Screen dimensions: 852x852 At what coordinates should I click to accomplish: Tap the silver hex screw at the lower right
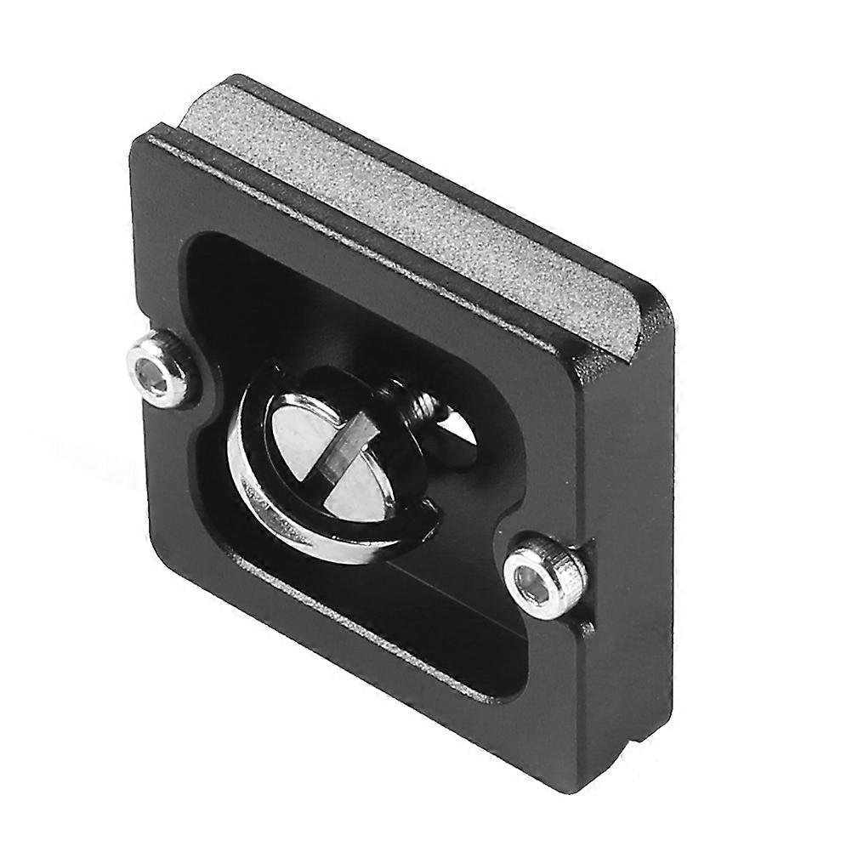tap(545, 576)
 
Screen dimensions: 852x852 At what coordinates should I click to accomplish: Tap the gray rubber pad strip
tap(408, 204)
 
